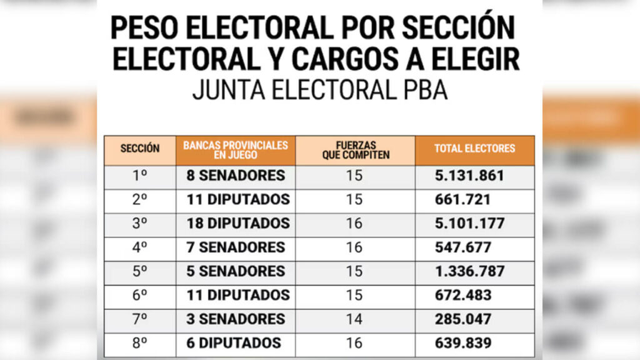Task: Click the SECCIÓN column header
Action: pyautogui.click(x=139, y=149)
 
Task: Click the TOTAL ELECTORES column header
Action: pyautogui.click(x=474, y=149)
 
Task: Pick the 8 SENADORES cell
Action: pyautogui.click(x=236, y=176)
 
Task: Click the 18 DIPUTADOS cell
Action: pyautogui.click(x=237, y=224)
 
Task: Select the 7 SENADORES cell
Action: pyautogui.click(x=236, y=247)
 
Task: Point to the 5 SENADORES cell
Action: pyautogui.click(x=236, y=271)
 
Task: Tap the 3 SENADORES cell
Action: pyautogui.click(x=236, y=319)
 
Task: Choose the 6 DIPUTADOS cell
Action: pyautogui.click(x=233, y=343)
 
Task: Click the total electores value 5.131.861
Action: pyautogui.click(x=469, y=176)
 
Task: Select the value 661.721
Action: pyautogui.click(x=462, y=200)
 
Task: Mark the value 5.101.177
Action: pyautogui.click(x=469, y=224)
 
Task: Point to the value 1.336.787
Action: pyautogui.click(x=469, y=271)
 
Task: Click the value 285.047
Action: pyautogui.click(x=462, y=319)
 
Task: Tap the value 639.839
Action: pyautogui.click(x=462, y=343)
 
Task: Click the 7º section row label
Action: pyautogui.click(x=139, y=319)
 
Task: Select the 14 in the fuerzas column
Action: pyautogui.click(x=354, y=319)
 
